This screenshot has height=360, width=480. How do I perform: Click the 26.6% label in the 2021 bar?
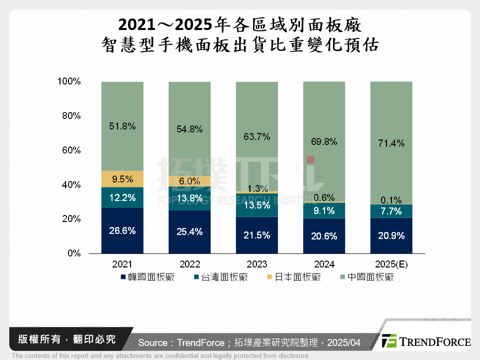pyautogui.click(x=122, y=231)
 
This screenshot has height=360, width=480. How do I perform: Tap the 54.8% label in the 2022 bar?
pyautogui.click(x=189, y=129)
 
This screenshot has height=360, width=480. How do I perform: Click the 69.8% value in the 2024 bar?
pyautogui.click(x=324, y=141)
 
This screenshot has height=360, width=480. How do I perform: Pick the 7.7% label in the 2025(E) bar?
pyautogui.click(x=391, y=211)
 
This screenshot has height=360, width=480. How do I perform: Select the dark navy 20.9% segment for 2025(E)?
pyautogui.click(x=391, y=235)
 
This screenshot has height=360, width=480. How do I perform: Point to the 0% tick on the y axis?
pyautogui.click(x=73, y=253)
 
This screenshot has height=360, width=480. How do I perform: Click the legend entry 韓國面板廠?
pyautogui.click(x=150, y=277)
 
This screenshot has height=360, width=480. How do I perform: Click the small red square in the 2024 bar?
pyautogui.click(x=310, y=159)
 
